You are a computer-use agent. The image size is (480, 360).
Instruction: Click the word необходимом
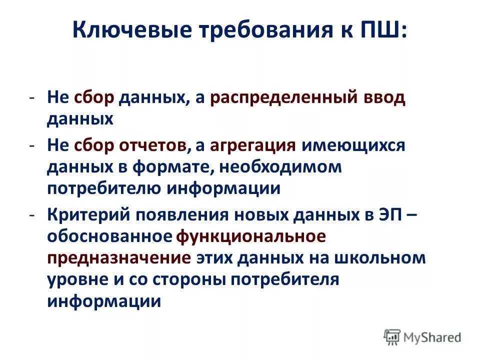pyautogui.click(x=280, y=167)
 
